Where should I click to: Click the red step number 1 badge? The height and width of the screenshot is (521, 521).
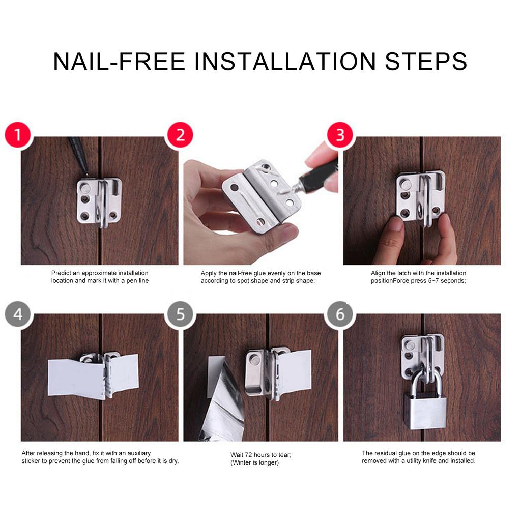tap(18, 135)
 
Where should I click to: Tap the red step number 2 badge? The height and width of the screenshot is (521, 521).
tap(180, 135)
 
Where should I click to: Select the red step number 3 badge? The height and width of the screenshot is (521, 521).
tap(340, 135)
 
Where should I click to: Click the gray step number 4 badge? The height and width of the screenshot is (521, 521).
tap(18, 313)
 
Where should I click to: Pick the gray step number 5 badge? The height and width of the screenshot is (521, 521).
tap(180, 313)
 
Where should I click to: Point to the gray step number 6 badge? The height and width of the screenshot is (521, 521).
tap(340, 313)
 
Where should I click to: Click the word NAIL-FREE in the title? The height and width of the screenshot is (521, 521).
tap(119, 62)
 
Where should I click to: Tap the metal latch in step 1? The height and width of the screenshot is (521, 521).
tap(99, 201)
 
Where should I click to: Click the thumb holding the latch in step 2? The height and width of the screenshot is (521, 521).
tap(277, 239)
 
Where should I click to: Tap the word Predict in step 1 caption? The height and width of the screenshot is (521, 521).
tap(62, 273)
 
